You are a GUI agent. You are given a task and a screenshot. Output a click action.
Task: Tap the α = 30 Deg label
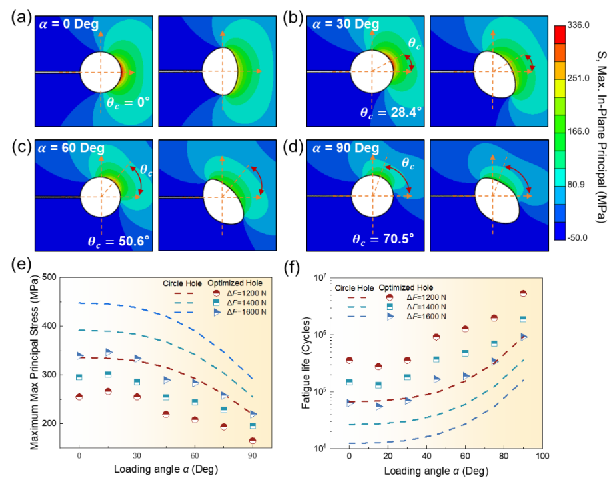[x=346, y=25]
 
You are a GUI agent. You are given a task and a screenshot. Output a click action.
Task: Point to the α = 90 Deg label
[x=346, y=147]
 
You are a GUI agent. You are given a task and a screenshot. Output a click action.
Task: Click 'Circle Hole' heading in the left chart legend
[x=183, y=283]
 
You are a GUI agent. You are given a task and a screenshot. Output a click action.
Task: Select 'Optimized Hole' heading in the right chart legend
[x=404, y=287]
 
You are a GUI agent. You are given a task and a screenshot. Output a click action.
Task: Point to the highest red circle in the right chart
[x=523, y=293]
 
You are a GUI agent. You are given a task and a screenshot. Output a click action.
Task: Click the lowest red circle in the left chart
[x=253, y=440]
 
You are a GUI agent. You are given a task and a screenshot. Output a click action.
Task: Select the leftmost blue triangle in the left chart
[x=80, y=355]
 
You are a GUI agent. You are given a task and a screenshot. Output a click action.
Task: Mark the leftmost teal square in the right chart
[x=349, y=382]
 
